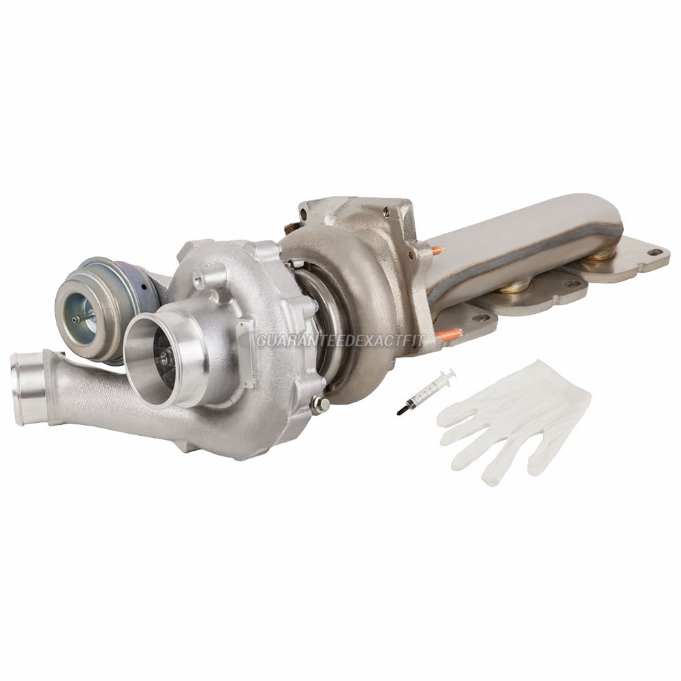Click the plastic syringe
coord(426,392)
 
